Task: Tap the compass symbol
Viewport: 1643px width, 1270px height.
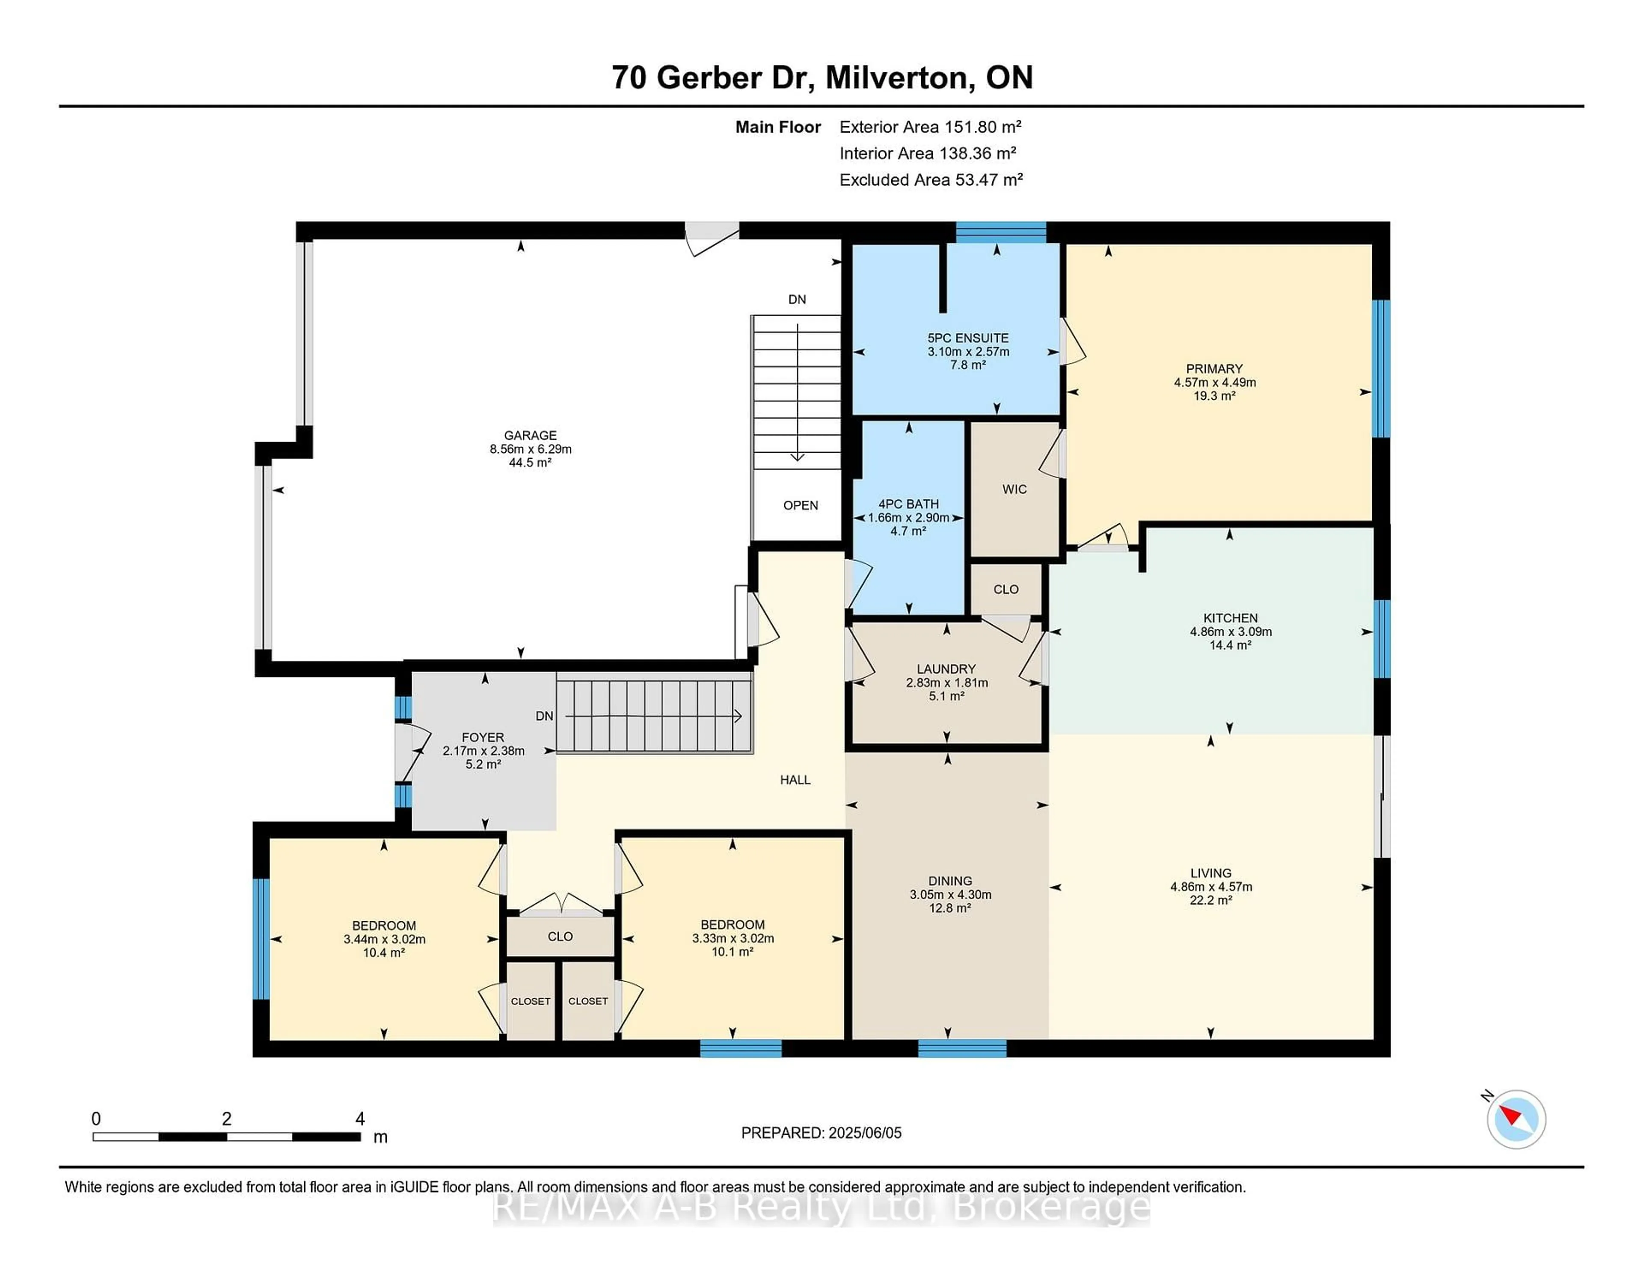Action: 1516,1119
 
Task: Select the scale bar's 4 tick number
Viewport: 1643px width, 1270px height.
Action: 359,1119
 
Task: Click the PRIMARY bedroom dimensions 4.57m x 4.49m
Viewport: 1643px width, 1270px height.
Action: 1214,382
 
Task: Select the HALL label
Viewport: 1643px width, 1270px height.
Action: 795,780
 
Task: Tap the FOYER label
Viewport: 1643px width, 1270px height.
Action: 483,737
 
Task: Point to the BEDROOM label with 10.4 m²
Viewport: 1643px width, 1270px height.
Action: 384,926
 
